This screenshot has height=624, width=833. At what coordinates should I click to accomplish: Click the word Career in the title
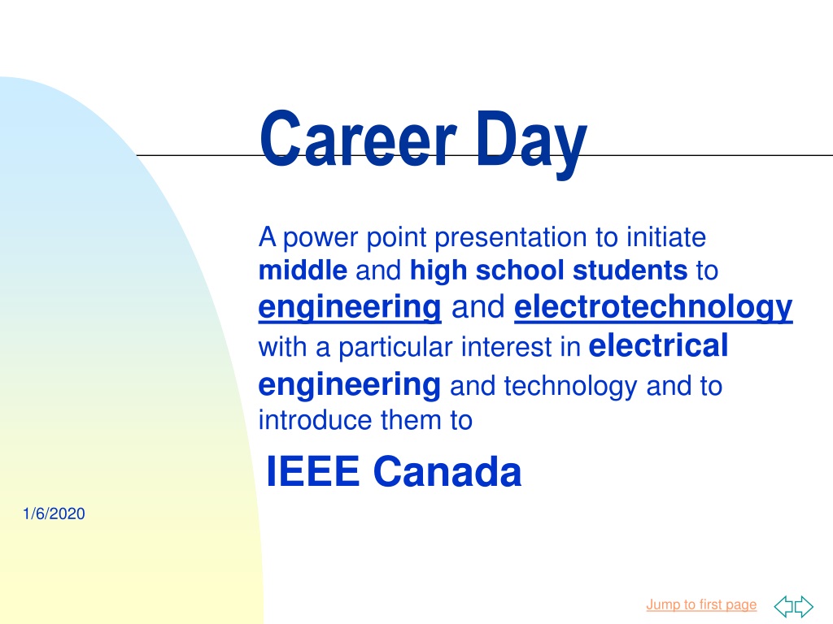[358, 138]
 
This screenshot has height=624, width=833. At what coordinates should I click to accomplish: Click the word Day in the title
[530, 143]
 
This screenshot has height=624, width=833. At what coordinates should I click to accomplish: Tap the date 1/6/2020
[54, 513]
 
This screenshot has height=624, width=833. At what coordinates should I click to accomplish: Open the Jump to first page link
[701, 604]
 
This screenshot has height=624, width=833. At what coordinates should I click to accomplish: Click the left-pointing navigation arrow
[783, 606]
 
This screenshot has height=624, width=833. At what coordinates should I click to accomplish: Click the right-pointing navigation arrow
[804, 606]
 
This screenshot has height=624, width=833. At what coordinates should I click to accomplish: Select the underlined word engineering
[350, 307]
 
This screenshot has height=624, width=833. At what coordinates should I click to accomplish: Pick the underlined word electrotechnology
[653, 307]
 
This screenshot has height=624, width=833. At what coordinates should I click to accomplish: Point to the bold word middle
[303, 270]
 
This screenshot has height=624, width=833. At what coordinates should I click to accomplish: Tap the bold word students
[630, 270]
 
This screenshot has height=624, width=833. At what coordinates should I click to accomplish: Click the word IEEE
[313, 471]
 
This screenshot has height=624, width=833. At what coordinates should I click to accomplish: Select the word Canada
[447, 471]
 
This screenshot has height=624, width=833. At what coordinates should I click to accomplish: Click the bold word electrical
[658, 345]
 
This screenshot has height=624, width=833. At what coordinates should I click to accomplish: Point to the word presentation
[511, 238]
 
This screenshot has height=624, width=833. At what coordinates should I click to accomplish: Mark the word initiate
[666, 236]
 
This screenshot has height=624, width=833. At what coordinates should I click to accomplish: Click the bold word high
[438, 271]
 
